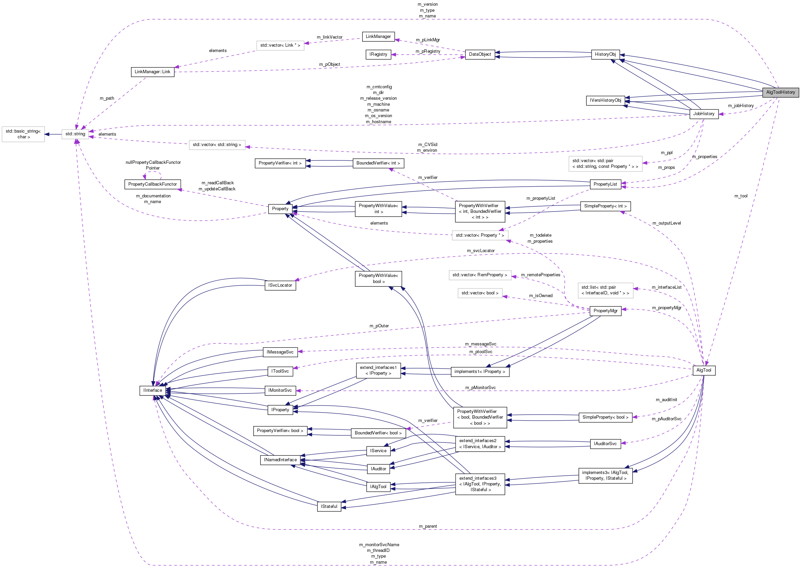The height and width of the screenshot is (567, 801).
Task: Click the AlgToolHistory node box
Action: click(780, 92)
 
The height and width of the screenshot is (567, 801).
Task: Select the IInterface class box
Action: click(153, 390)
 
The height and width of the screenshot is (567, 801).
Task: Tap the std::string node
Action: click(75, 134)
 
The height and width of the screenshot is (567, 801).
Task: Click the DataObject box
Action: click(480, 54)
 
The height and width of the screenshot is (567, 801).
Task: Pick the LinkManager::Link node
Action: click(153, 72)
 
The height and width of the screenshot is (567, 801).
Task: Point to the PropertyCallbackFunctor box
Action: click(153, 184)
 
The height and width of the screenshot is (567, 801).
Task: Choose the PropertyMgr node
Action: click(605, 311)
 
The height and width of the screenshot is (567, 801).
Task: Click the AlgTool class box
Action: click(704, 370)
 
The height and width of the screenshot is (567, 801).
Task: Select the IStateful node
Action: click(329, 506)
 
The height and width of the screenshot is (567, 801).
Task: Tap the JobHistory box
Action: click(704, 114)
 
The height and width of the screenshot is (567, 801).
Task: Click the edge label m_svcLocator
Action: click(480, 251)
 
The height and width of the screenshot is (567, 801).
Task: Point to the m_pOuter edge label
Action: click(379, 326)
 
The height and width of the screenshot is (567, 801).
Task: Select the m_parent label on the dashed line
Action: click(428, 526)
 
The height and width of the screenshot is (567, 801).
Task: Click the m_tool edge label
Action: click(741, 196)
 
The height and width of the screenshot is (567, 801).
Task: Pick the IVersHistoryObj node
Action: click(605, 101)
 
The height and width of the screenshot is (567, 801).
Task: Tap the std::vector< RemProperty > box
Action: click(479, 275)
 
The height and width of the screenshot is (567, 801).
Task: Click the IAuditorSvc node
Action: click(605, 444)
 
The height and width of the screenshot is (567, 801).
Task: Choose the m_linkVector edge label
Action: click(330, 37)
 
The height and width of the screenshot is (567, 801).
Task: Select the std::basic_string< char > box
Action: click(23, 134)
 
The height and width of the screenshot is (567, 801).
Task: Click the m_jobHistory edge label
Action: click(741, 106)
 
